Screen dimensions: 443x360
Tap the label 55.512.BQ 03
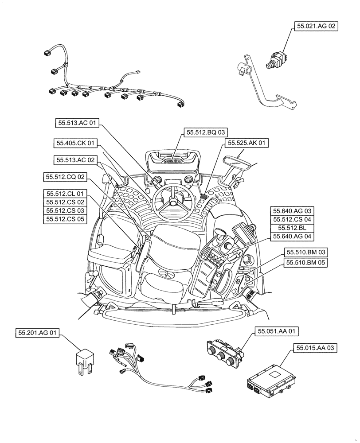[206, 132]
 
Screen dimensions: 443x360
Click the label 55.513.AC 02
[75, 159]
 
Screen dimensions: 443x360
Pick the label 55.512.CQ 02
[65, 177]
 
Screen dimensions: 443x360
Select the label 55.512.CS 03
[65, 210]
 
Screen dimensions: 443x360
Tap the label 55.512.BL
[292, 228]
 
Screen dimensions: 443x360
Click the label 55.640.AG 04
[292, 236]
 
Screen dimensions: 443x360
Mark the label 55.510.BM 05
[305, 262]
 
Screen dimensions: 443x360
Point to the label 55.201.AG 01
[38, 333]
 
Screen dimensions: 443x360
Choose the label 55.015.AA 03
[314, 349]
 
